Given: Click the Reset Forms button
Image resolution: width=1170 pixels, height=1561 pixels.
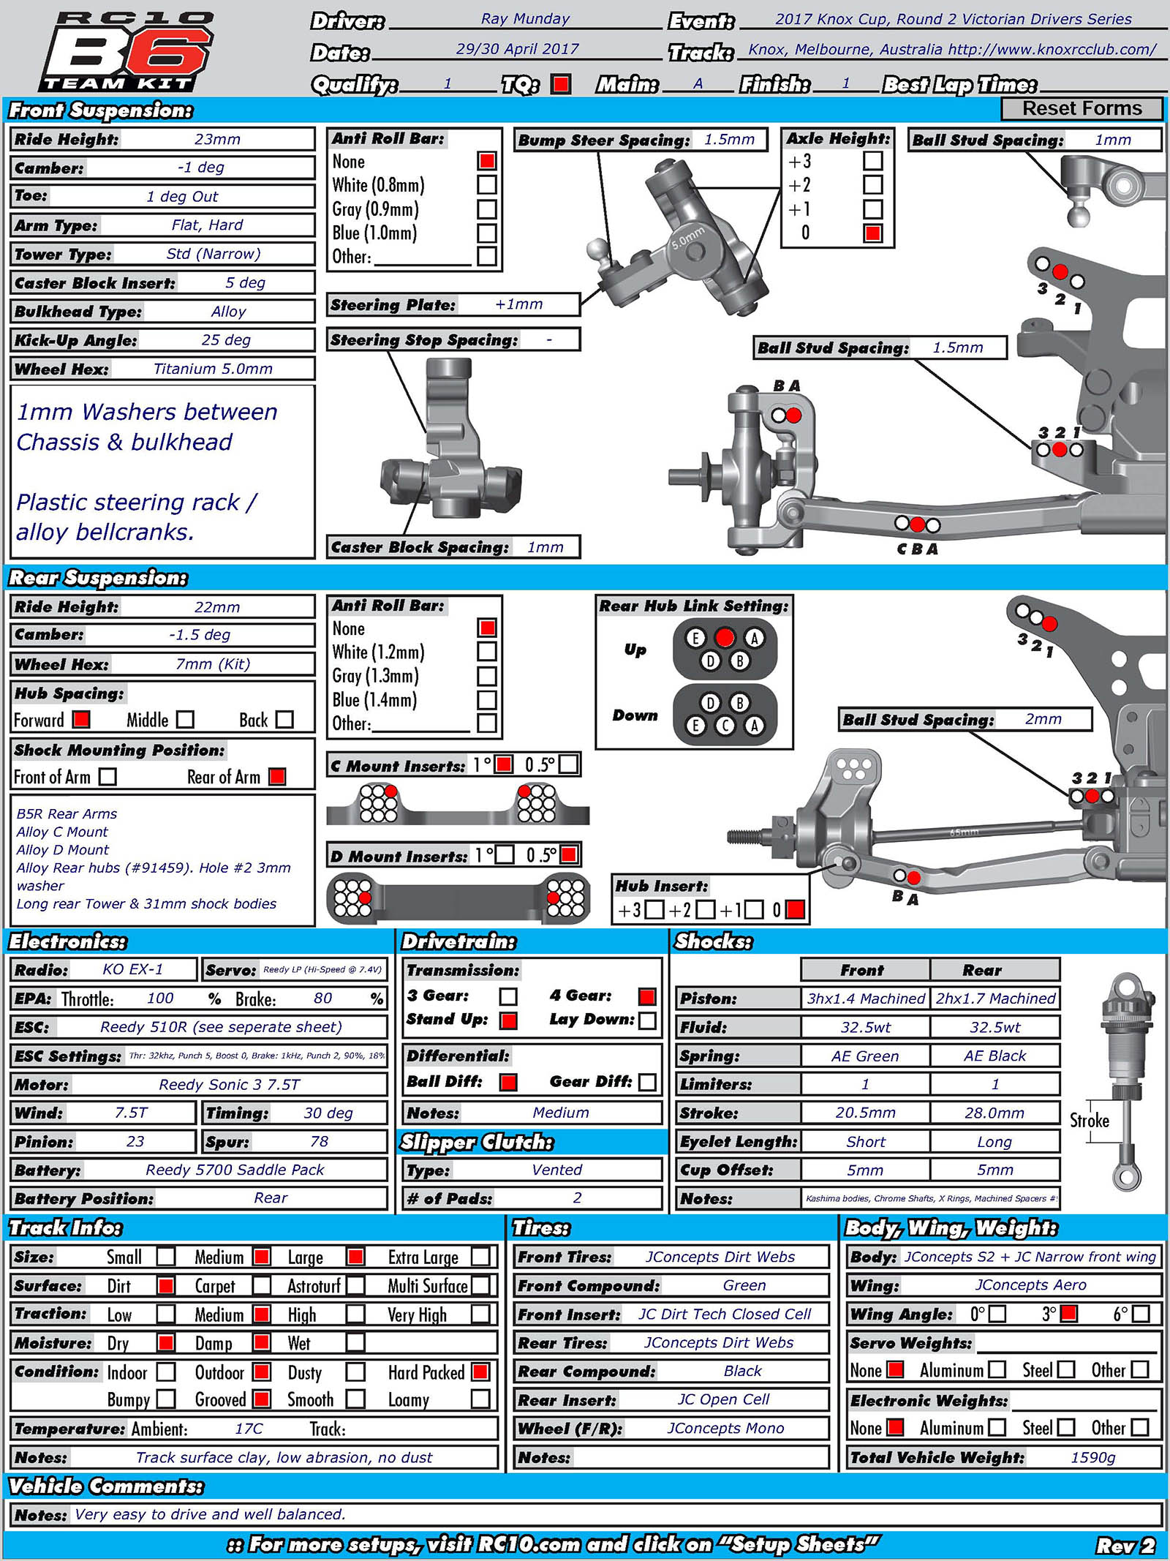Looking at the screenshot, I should point(1081,108).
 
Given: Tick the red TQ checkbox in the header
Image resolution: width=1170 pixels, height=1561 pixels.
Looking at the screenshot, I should point(561,84).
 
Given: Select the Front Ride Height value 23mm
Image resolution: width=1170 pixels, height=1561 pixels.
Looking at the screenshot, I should point(217,139).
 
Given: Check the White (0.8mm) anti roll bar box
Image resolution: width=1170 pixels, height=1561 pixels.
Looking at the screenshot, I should point(487,185).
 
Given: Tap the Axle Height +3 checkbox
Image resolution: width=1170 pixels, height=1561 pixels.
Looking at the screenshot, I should point(872,161).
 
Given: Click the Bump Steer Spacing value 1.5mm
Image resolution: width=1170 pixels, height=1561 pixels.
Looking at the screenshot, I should point(729,140).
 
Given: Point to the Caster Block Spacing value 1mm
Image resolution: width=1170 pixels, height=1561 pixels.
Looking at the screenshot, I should point(546,547).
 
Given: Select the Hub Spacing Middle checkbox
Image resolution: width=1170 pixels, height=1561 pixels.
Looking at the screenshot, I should point(186,720).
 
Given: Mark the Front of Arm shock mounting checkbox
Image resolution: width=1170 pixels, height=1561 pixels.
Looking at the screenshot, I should point(107,776).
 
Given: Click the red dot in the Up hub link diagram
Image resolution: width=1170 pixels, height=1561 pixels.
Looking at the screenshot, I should point(725,638).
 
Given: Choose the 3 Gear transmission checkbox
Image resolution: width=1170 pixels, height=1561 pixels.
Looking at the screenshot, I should point(508,996).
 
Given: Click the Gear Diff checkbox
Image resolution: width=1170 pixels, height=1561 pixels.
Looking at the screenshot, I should point(647,1082).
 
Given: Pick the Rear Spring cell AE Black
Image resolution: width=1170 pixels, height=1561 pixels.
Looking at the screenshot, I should point(994,1056).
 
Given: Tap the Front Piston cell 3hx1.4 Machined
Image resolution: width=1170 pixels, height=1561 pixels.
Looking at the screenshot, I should point(866,998).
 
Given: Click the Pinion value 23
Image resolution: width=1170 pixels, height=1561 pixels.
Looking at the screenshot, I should point(135,1141).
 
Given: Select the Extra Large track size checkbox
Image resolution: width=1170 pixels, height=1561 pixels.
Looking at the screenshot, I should point(480,1257).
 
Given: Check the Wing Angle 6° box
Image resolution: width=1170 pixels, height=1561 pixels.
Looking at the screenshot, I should point(1140,1314).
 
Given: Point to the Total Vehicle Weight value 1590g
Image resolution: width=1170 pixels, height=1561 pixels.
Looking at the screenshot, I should point(1092,1457).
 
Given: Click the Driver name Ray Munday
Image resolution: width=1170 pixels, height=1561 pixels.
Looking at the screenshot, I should point(525,19).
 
